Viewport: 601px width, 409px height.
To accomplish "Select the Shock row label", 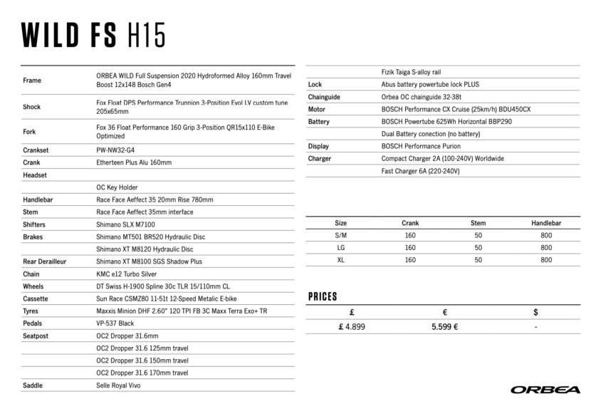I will coord(32,107).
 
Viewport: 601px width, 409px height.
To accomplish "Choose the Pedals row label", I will coord(33,323).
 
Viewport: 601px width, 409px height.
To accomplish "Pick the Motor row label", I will coord(317,109).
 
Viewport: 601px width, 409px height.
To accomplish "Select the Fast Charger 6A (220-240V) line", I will coord(421,171).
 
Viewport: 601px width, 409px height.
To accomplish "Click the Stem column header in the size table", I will coord(478,223).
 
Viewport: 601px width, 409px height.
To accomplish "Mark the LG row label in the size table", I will coord(340,247).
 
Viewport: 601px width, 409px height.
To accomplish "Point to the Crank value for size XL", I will coord(409,260).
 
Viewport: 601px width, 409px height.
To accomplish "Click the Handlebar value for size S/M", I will coord(546,235).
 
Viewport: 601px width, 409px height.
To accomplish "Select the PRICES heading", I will coord(323,296).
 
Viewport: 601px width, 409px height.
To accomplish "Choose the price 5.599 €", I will coord(444,326).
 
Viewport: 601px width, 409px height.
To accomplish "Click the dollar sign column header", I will coord(535,312).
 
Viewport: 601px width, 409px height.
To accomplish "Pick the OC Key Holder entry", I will coord(117,187).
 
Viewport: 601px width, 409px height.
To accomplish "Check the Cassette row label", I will coord(36,299).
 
